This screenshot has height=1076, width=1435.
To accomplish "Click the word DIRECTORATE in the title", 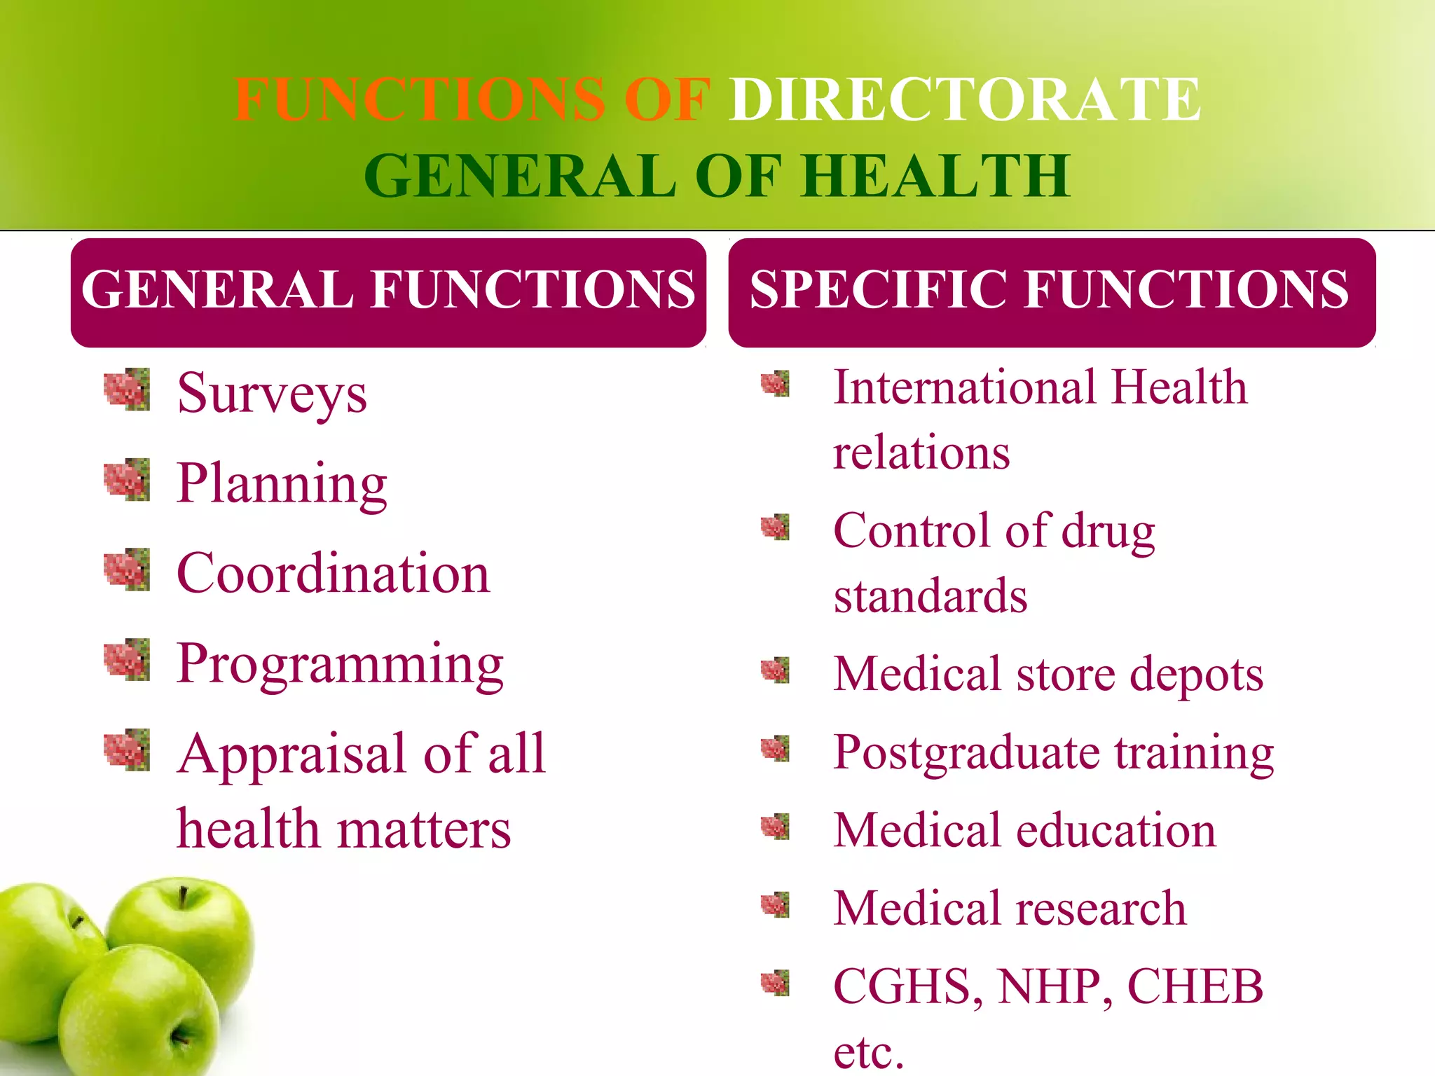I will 965,99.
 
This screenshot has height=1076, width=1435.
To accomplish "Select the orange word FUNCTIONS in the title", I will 419,99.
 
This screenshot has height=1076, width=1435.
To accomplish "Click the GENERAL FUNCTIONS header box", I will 388,291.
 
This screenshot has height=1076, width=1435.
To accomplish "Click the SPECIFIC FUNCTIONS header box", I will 1051,291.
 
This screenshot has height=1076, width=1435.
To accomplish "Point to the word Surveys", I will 272,394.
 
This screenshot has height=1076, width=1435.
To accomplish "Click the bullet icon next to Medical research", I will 775,905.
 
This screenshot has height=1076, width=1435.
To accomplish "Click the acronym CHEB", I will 1195,986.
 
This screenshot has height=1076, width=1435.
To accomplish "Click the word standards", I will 931,596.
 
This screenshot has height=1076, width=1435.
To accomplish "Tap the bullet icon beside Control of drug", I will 775,527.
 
